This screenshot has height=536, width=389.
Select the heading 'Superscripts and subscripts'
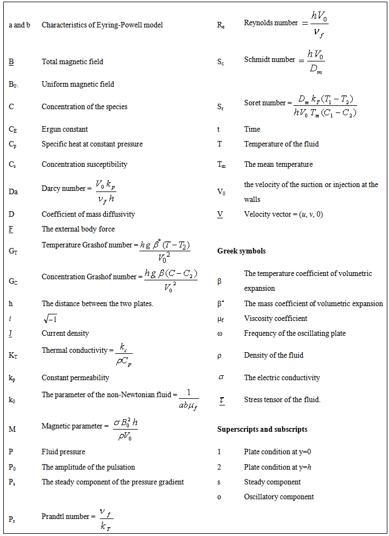click(x=262, y=429)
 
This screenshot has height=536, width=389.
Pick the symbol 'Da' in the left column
click(x=13, y=191)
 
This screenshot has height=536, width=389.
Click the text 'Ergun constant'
click(x=65, y=129)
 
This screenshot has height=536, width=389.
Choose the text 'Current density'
click(x=65, y=333)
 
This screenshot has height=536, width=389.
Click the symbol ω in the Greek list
click(x=219, y=334)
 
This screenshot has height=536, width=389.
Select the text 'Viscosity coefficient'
click(x=275, y=318)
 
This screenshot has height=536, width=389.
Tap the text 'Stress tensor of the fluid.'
click(x=282, y=399)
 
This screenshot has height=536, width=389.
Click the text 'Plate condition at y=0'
click(x=280, y=452)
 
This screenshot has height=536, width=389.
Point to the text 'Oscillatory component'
click(x=279, y=496)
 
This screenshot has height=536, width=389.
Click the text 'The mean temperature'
click(x=278, y=164)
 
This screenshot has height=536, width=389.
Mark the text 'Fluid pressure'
click(x=63, y=452)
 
